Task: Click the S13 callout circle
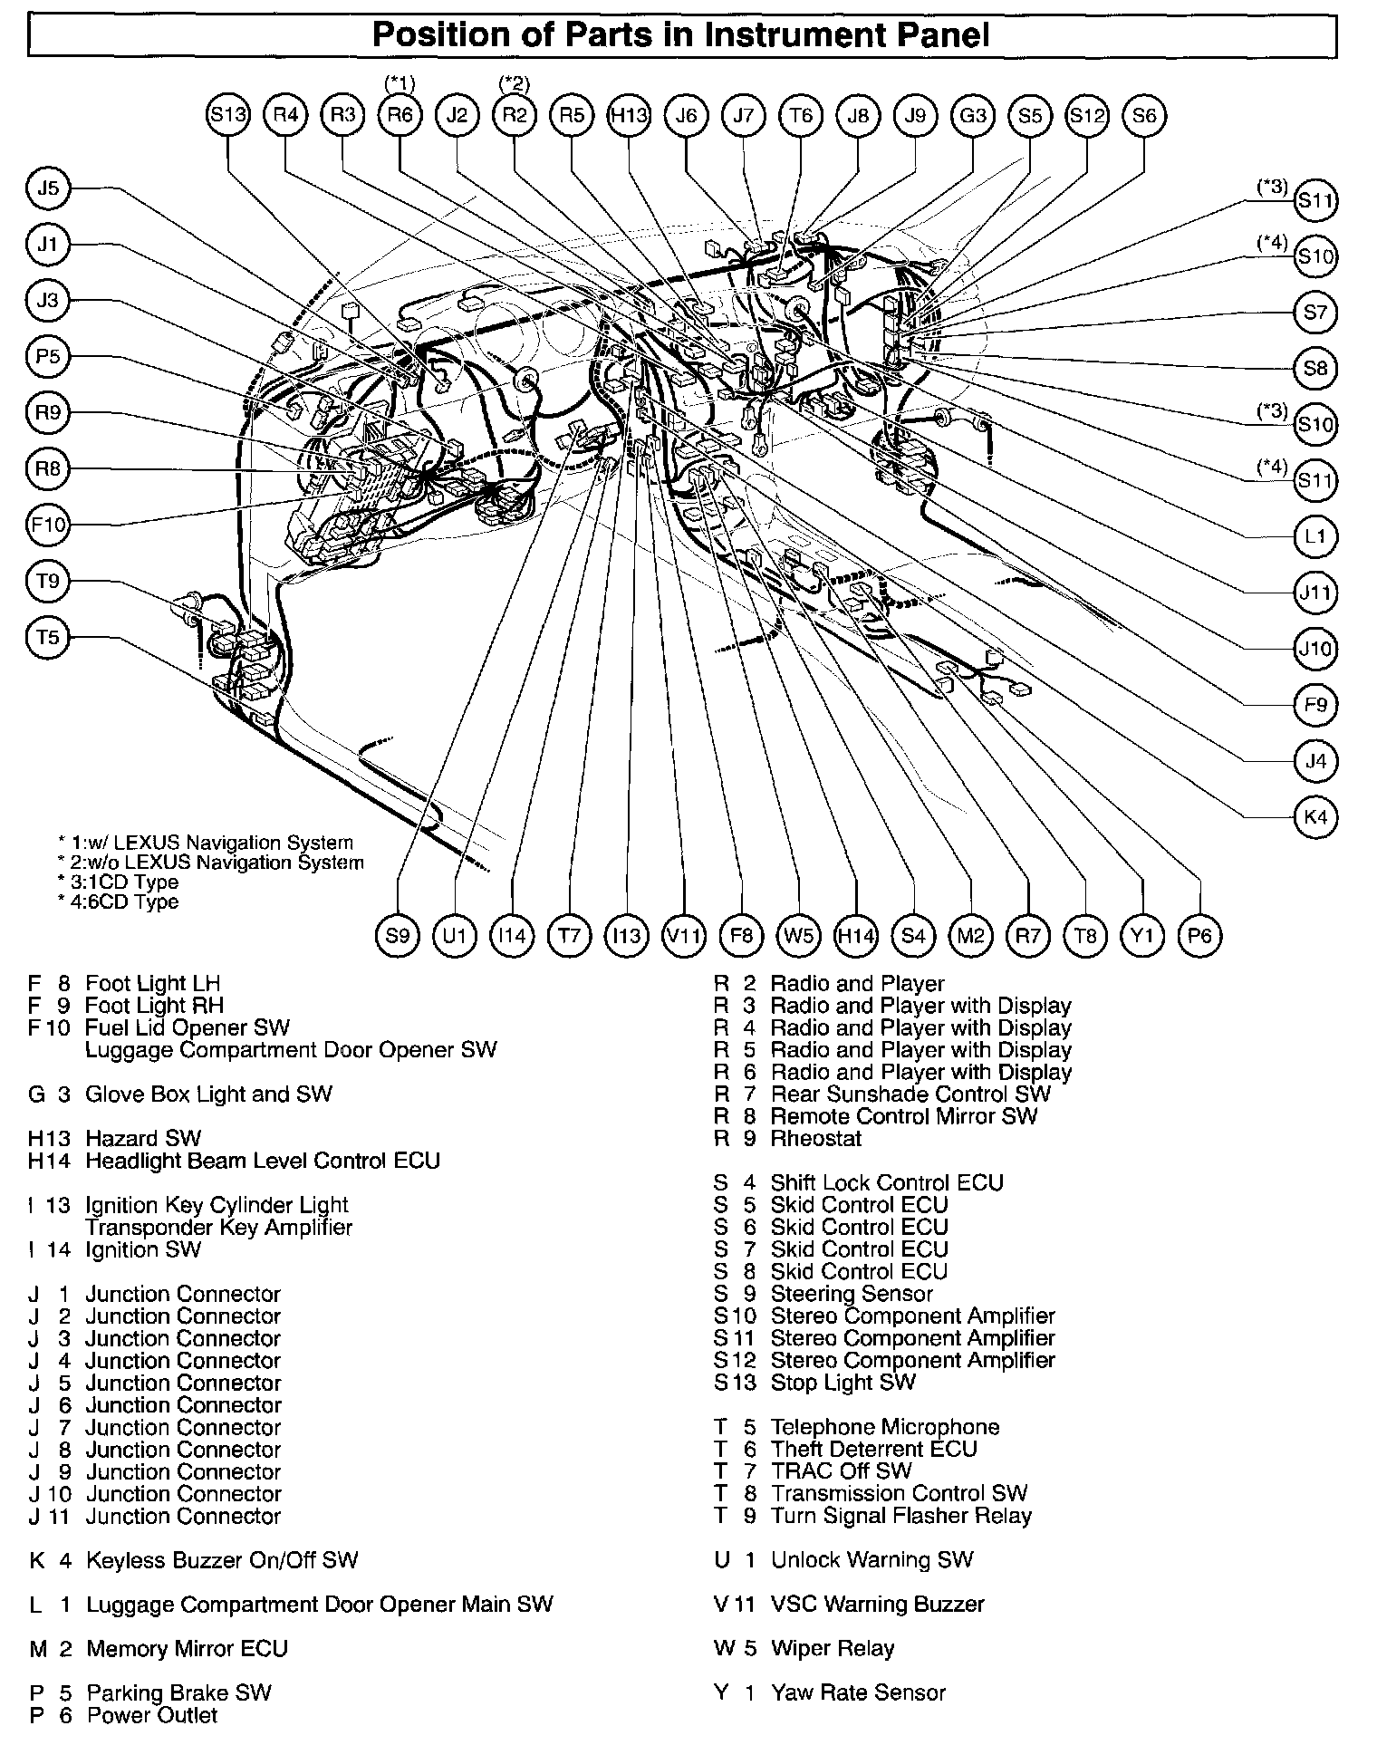(227, 116)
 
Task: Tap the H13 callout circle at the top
(630, 116)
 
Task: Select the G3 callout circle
(973, 116)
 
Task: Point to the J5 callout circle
(48, 188)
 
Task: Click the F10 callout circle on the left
(48, 525)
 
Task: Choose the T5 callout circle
(48, 637)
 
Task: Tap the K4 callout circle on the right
(1315, 817)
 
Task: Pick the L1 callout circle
(1315, 537)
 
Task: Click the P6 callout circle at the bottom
(1199, 935)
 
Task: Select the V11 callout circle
(684, 935)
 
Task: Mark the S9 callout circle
(398, 935)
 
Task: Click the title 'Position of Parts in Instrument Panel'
(681, 35)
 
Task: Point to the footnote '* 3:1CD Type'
(118, 882)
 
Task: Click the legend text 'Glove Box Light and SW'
(208, 1094)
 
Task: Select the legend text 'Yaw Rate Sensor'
(858, 1692)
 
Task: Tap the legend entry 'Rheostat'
(816, 1139)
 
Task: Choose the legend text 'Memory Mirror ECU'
(187, 1648)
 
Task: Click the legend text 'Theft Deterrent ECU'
(874, 1449)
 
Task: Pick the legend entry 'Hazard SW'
(143, 1139)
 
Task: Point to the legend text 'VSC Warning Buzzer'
(877, 1604)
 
